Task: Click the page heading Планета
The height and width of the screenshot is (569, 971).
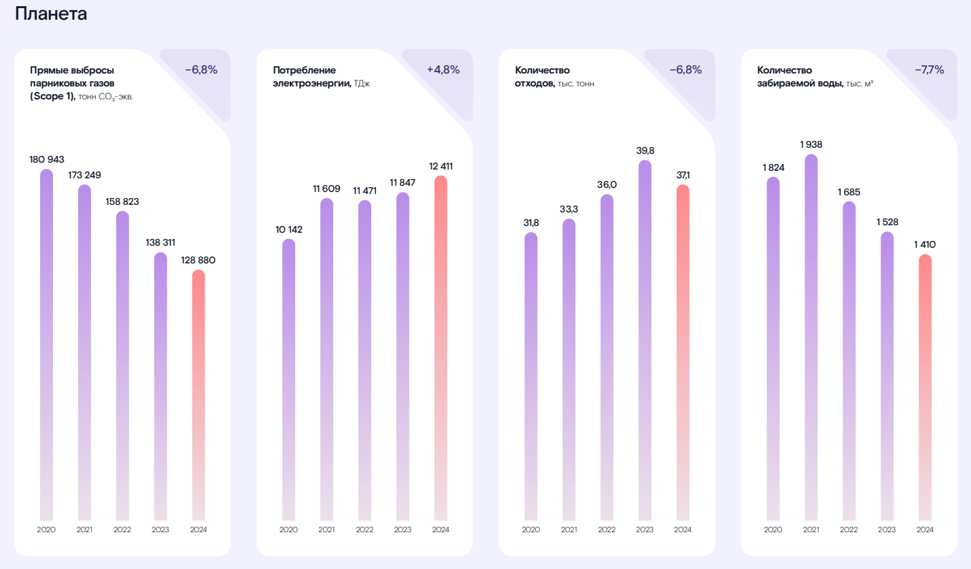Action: point(51,14)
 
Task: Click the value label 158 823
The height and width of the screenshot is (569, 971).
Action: point(122,201)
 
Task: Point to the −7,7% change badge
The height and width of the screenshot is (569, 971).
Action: point(929,69)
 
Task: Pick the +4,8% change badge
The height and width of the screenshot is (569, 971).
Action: point(443,69)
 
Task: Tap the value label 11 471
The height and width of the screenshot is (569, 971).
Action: point(364,191)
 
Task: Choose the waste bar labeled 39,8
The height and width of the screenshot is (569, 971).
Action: point(645,340)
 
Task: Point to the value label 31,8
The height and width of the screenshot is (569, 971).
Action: point(531,223)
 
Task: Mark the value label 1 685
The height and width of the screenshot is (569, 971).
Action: point(849,193)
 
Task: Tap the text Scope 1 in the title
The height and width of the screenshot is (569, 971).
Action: point(52,97)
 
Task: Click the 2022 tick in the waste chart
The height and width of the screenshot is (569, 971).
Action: point(607,530)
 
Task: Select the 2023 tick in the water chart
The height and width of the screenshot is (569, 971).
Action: point(887,530)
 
